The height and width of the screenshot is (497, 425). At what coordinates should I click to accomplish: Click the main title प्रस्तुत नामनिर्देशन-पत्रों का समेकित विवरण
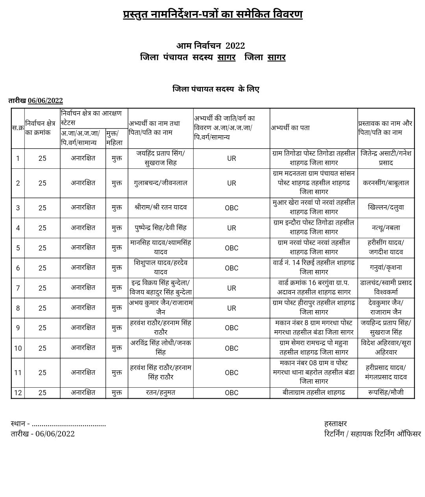(x=213, y=15)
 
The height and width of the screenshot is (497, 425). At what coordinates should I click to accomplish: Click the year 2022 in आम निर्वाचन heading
(x=235, y=46)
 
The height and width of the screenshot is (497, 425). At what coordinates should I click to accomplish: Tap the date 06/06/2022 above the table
(x=45, y=101)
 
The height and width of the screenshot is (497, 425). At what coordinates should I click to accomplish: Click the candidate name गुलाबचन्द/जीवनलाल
(x=161, y=183)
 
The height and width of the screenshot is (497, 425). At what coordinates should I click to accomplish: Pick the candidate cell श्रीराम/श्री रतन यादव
(x=161, y=208)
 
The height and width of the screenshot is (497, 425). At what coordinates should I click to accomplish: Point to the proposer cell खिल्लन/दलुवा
(x=386, y=208)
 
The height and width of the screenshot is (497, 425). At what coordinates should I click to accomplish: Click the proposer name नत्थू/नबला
(x=386, y=228)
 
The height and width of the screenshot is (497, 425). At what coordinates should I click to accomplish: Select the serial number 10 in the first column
(x=18, y=348)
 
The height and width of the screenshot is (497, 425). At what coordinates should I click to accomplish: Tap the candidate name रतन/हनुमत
(x=161, y=392)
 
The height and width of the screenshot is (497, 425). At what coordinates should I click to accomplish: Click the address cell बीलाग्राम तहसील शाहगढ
(x=314, y=392)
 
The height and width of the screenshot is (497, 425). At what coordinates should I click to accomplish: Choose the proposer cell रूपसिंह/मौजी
(x=386, y=392)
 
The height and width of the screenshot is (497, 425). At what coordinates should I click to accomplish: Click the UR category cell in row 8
(x=231, y=308)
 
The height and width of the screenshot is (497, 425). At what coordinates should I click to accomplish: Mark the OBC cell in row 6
(x=231, y=268)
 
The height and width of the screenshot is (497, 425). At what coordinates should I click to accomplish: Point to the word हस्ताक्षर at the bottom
(x=335, y=423)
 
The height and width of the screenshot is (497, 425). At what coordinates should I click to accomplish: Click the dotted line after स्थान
(x=69, y=424)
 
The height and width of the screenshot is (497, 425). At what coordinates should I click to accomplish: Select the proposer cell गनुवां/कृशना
(x=386, y=268)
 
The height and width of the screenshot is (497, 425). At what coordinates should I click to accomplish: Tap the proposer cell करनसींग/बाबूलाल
(x=386, y=183)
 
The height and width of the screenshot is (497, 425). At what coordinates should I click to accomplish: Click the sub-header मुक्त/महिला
(x=114, y=138)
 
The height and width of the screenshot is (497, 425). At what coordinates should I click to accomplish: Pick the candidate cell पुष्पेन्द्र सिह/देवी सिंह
(x=161, y=228)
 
